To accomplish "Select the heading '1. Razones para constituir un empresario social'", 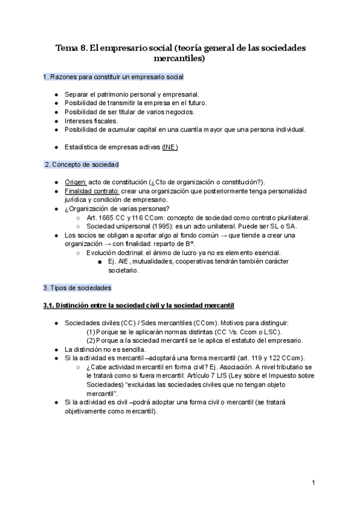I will coord(113,77).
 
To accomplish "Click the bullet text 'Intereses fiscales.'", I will coord(91,120).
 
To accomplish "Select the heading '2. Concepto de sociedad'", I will coord(82,164).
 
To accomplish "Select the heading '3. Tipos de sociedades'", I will coord(77,288).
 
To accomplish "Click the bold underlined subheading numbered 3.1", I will coord(138,306).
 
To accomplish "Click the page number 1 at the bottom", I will coord(314,482).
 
